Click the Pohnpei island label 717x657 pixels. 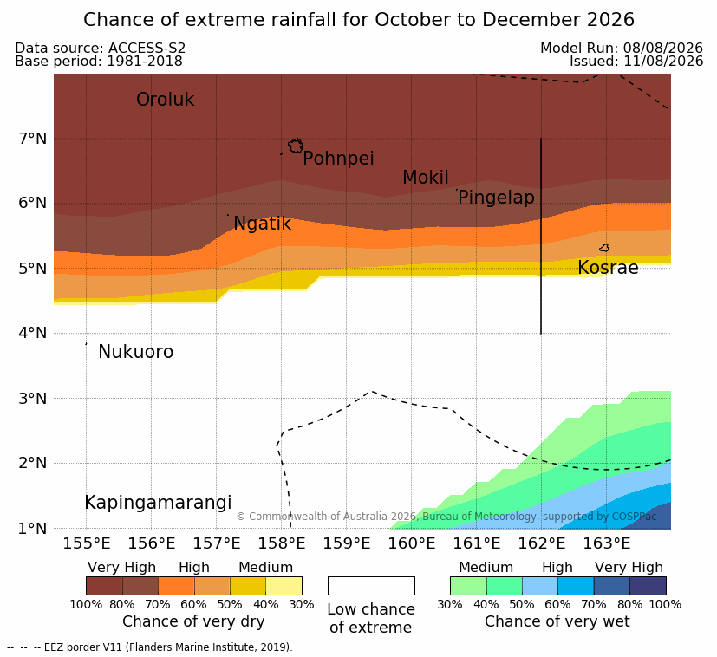click(x=338, y=159)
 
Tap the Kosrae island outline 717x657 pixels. click(x=604, y=248)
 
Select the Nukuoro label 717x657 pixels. click(x=136, y=352)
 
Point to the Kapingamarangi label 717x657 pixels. click(x=158, y=503)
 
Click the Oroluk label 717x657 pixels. click(x=165, y=99)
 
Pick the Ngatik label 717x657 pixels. click(x=262, y=224)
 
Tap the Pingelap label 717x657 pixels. click(x=496, y=198)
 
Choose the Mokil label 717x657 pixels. click(x=426, y=178)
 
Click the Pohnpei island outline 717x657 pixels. click(x=296, y=146)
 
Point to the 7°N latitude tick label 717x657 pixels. click(x=33, y=138)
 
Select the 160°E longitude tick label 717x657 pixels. click(x=412, y=543)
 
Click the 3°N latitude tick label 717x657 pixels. click(x=33, y=398)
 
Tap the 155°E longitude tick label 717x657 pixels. click(x=87, y=543)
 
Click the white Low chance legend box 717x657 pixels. click(x=371, y=586)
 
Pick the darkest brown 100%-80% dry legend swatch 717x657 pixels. click(x=104, y=586)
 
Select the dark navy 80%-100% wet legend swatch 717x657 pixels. click(x=648, y=586)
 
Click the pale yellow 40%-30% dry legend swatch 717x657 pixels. click(x=284, y=586)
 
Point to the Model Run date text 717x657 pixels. click(x=622, y=48)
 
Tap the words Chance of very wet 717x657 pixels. click(x=557, y=621)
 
